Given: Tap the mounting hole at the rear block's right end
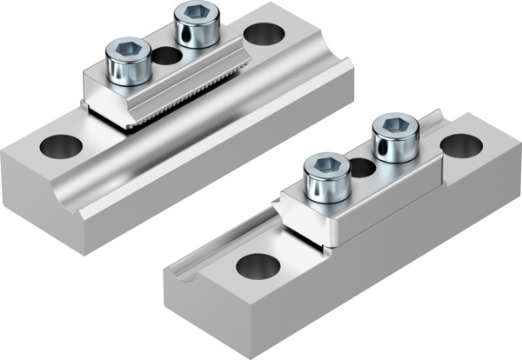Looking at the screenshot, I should click(263, 35).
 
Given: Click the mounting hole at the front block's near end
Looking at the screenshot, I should click(257, 265).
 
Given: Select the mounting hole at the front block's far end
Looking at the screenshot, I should click(461, 146).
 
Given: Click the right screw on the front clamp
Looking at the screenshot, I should click(395, 139).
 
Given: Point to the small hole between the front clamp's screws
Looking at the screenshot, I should click(363, 167).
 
